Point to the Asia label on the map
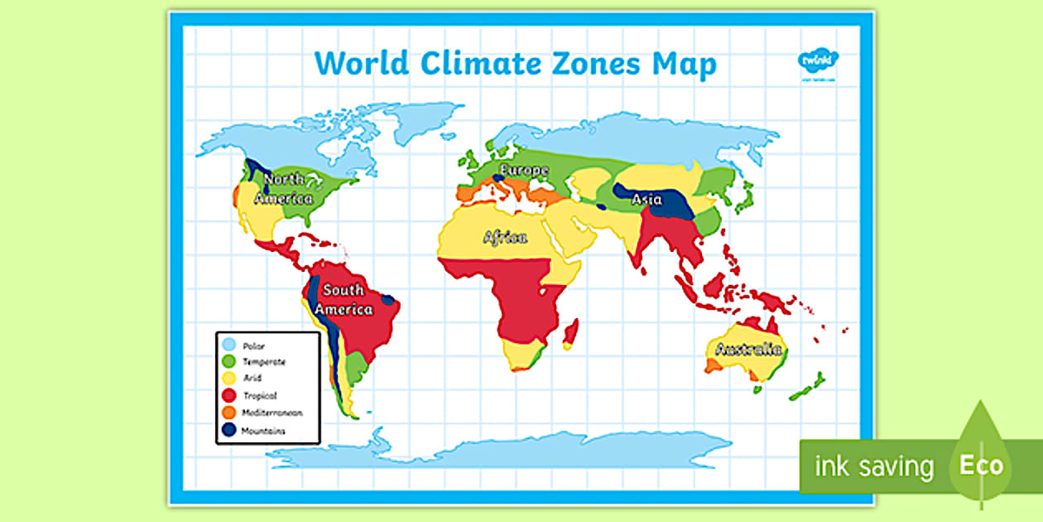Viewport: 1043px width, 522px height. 646,200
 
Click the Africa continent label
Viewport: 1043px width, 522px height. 505,238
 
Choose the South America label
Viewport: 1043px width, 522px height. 348,300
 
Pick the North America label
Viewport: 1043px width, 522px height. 284,189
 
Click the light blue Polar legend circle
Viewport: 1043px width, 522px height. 228,345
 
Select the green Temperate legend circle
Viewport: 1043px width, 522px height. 228,361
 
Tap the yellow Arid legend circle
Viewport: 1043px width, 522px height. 228,379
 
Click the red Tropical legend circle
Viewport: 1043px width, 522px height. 228,396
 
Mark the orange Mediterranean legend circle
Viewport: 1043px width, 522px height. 228,413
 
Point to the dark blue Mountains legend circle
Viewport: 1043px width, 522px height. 228,430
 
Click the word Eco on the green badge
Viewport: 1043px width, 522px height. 981,465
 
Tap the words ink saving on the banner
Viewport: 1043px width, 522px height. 874,466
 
